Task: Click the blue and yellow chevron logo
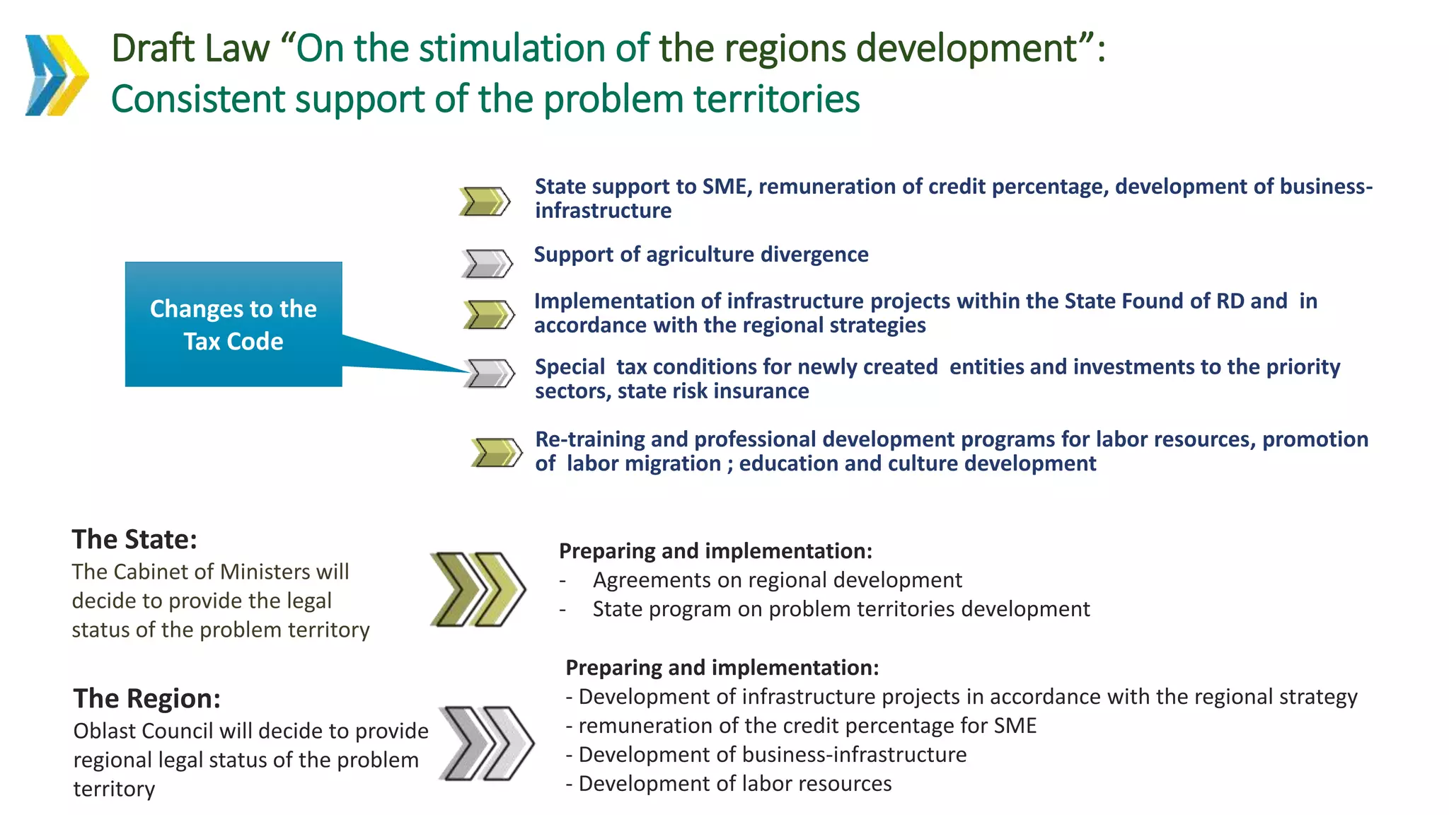coord(57,75)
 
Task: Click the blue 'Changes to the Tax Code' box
coord(233,325)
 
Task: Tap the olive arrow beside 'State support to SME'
coord(485,202)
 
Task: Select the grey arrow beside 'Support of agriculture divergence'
coord(487,263)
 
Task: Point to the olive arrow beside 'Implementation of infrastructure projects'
coord(489,315)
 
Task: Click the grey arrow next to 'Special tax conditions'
coord(490,373)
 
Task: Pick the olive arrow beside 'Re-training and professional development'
coord(497,452)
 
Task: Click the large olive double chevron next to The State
coord(478,589)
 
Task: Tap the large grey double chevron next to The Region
coord(486,743)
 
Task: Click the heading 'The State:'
coord(134,539)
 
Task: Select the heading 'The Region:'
coord(147,698)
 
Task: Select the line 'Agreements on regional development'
coord(777,580)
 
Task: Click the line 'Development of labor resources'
coord(734,784)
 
